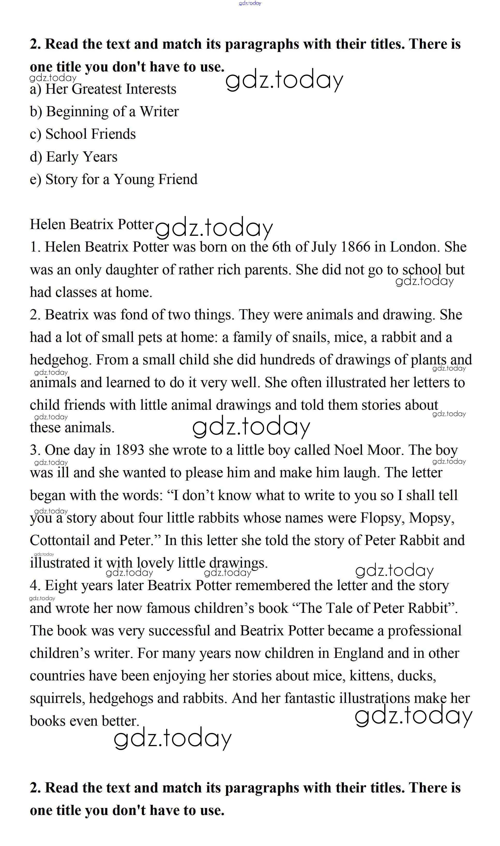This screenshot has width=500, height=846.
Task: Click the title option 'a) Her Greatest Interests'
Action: (x=103, y=89)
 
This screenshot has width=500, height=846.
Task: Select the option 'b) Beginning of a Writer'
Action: (x=104, y=112)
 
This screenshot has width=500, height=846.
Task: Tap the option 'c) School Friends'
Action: (x=82, y=134)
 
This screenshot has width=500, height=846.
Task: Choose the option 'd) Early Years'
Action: (x=73, y=157)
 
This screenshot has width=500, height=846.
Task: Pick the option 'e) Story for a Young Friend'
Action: (x=113, y=179)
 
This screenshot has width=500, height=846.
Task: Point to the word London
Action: (x=415, y=247)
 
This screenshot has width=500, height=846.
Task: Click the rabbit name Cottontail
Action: (x=60, y=541)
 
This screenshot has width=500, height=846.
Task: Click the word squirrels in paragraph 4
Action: (x=57, y=699)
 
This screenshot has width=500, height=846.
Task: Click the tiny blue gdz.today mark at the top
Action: (x=250, y=3)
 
